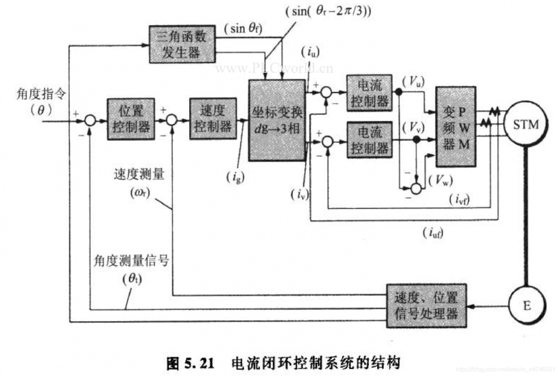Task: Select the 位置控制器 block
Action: (x=131, y=119)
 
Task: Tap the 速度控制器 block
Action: (x=213, y=119)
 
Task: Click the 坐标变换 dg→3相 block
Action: (x=276, y=121)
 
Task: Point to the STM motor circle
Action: (x=526, y=125)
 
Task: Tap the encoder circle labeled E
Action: (x=526, y=306)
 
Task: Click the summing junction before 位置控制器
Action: (x=90, y=121)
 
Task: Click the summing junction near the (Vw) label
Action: (x=417, y=188)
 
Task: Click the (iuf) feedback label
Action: (x=433, y=234)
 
